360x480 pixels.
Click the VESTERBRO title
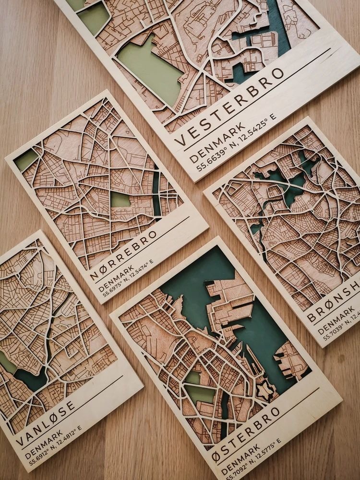tap(229, 107)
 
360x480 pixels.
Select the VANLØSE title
tap(46, 423)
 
